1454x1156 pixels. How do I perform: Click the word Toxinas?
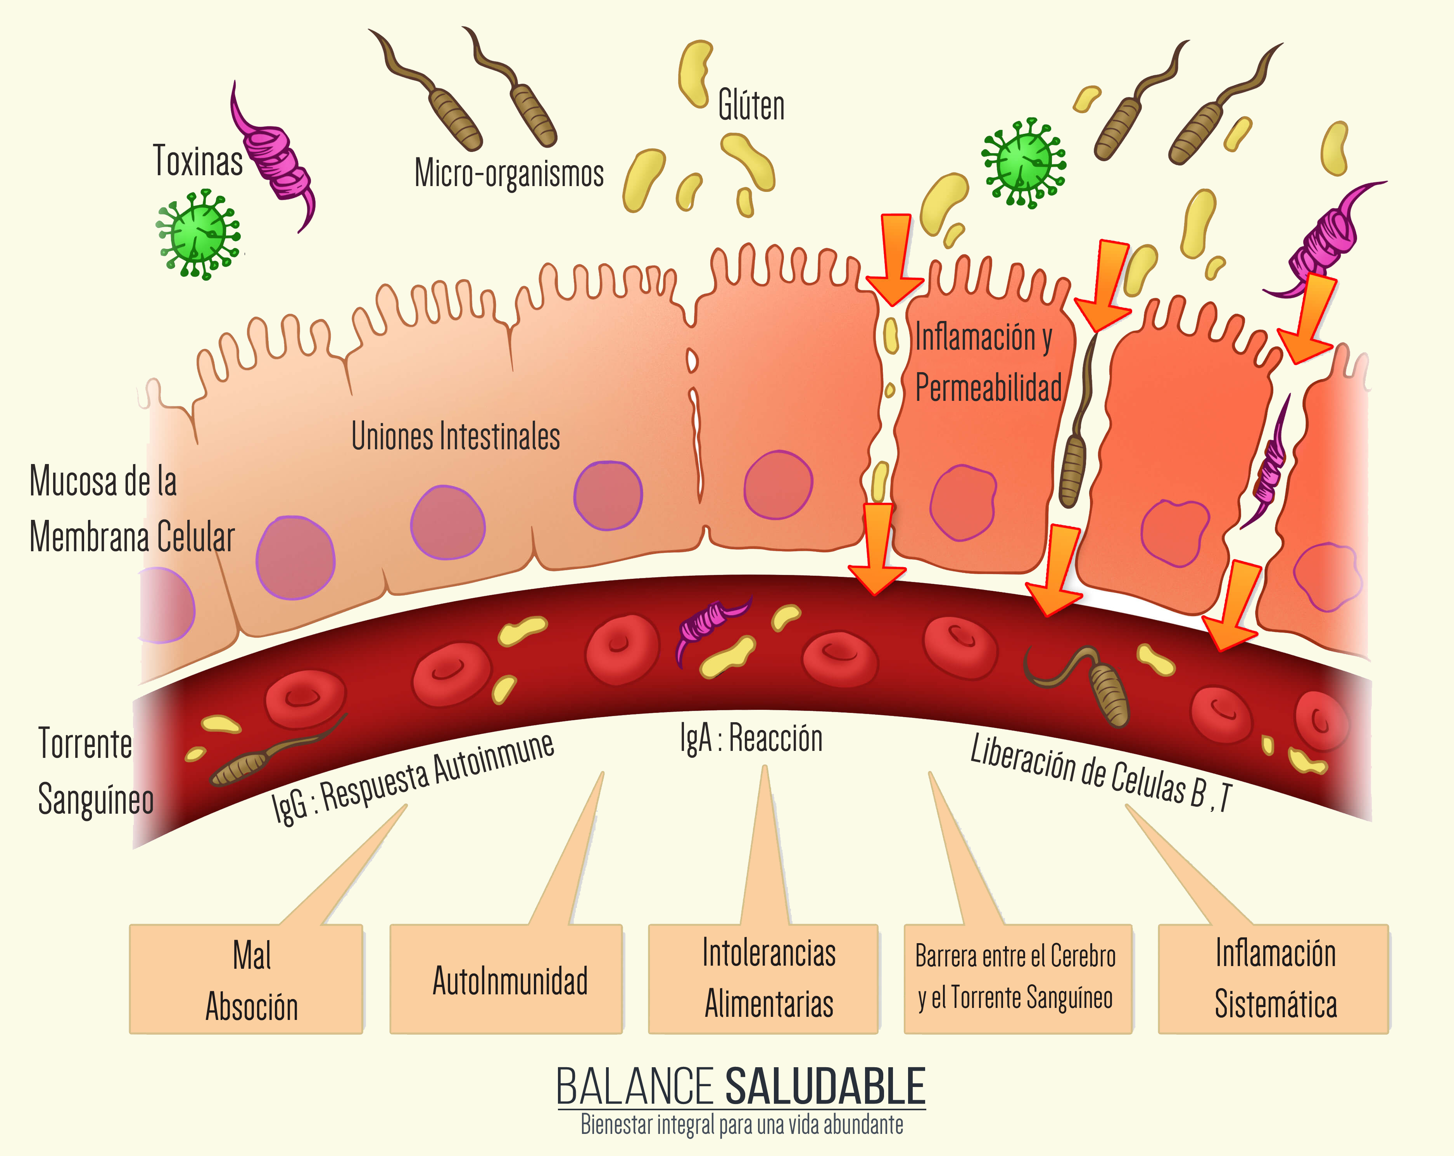(x=198, y=161)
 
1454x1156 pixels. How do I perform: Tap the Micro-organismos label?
(x=509, y=173)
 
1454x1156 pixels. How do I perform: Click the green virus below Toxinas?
(x=198, y=234)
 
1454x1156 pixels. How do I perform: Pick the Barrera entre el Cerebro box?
(x=1018, y=978)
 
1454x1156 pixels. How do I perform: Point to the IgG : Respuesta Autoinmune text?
(x=413, y=779)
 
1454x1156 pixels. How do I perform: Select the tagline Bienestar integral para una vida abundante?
(x=742, y=1125)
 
